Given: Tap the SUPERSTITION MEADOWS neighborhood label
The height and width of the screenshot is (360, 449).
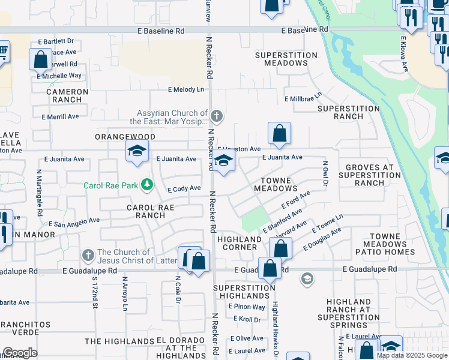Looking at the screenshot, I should [x=286, y=59].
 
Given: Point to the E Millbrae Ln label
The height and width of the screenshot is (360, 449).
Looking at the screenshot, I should [x=303, y=98].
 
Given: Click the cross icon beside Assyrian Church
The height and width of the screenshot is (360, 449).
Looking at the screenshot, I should [x=217, y=115].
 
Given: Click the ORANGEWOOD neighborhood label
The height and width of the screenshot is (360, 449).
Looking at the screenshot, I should [x=125, y=137].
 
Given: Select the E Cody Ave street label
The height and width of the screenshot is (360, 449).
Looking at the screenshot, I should [x=184, y=188].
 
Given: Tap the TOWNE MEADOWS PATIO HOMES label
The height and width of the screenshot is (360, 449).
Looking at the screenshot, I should [x=393, y=244].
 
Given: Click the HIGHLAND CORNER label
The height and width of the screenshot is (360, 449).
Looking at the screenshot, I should [x=239, y=243].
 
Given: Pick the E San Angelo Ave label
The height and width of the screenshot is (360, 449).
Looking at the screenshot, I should [x=74, y=222].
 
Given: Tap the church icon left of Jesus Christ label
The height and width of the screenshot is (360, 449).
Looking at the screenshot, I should [x=88, y=256].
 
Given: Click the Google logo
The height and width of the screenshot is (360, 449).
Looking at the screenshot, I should [x=19, y=352].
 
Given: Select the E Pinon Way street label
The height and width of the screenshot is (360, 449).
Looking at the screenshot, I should [x=247, y=307].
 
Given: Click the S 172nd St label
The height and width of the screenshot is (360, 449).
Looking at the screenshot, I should [x=95, y=293].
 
